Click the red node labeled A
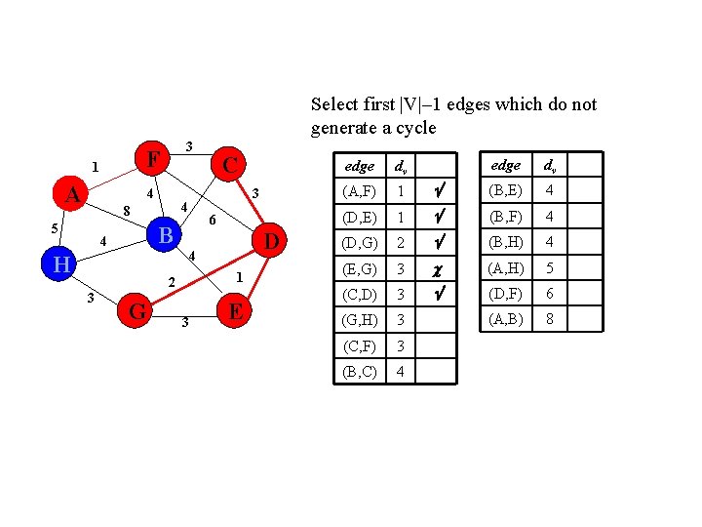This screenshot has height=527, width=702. [71, 195]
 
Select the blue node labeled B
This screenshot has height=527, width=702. [166, 235]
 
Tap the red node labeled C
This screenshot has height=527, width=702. [229, 164]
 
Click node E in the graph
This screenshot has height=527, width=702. [234, 312]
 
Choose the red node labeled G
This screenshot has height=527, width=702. [137, 312]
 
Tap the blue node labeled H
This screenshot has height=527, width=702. [61, 263]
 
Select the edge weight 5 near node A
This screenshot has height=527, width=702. [55, 228]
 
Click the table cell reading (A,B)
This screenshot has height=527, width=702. [506, 318]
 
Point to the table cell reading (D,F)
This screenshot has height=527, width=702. [506, 293]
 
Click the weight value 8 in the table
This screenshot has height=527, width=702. [550, 318]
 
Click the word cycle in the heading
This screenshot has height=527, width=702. [416, 128]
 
